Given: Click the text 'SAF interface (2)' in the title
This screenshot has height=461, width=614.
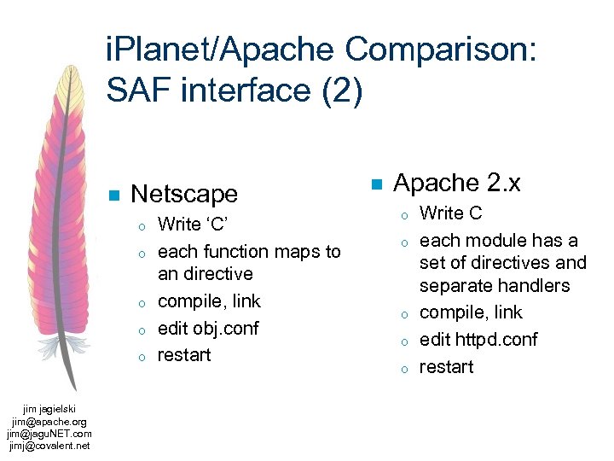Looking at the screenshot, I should pyautogui.click(x=235, y=89).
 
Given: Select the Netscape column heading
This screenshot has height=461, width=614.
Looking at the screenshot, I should pyautogui.click(x=184, y=194).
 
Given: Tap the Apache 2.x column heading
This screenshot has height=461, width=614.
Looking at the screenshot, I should pyautogui.click(x=457, y=183).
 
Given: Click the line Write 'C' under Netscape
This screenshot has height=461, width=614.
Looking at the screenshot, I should pyautogui.click(x=195, y=225).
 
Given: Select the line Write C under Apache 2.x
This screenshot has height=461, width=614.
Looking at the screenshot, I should pyautogui.click(x=450, y=213).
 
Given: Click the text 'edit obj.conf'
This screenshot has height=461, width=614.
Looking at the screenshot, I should pyautogui.click(x=208, y=328).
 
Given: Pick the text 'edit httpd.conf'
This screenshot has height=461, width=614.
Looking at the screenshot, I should pyautogui.click(x=478, y=339).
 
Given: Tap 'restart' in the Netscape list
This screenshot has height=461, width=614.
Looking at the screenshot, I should pyautogui.click(x=184, y=355).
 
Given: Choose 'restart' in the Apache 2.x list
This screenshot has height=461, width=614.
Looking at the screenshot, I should pyautogui.click(x=446, y=366).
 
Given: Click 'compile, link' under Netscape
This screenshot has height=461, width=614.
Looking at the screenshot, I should pyautogui.click(x=210, y=301).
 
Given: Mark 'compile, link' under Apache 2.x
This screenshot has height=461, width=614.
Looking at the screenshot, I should pyautogui.click(x=471, y=312).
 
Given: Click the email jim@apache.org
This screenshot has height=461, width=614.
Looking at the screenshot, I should pyautogui.click(x=49, y=422).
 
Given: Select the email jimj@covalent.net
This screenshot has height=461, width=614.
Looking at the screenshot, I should pyautogui.click(x=49, y=445).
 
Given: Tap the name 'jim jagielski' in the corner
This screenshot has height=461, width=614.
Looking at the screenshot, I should pyautogui.click(x=49, y=410).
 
